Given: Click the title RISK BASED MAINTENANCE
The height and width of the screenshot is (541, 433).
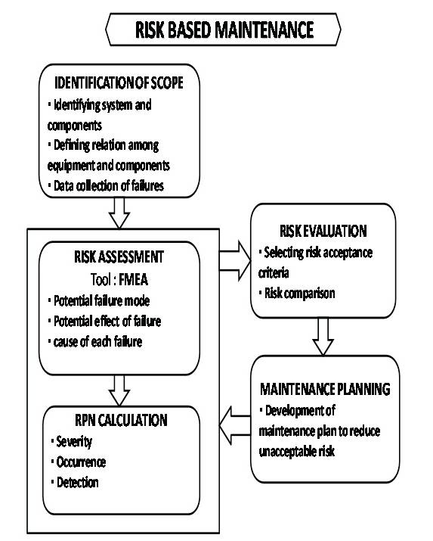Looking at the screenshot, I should click(x=224, y=31).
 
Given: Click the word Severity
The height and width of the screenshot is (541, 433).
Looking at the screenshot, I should click(x=73, y=442).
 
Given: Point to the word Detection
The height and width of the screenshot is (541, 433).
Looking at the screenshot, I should click(x=77, y=481).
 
